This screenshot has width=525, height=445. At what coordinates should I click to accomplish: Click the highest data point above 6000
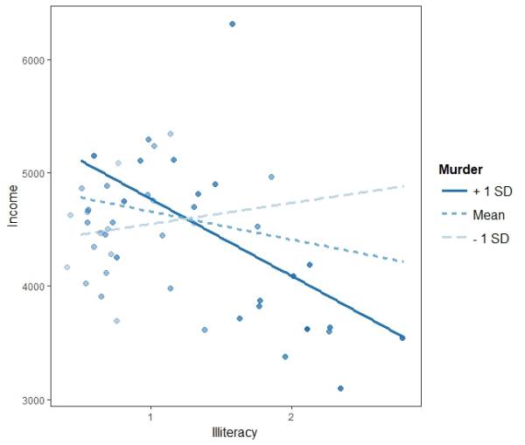coord(232,24)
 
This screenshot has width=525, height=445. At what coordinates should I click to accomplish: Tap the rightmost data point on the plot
coord(402,337)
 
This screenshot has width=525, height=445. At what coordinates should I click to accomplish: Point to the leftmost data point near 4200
coord(66,268)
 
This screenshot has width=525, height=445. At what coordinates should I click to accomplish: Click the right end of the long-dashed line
coord(402,185)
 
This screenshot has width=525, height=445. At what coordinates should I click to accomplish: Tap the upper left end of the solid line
coord(80,160)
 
